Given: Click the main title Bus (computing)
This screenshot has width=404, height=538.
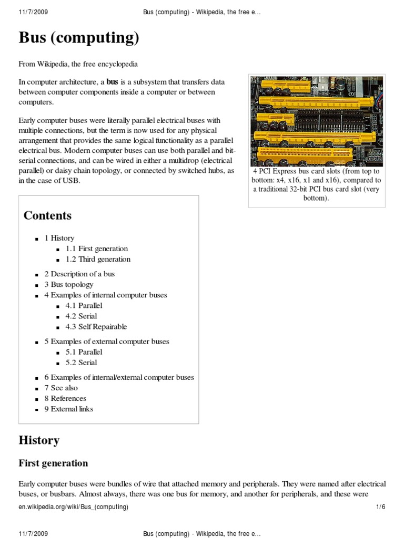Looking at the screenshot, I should (79, 38).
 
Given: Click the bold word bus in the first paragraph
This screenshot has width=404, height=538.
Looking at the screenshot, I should (113, 82).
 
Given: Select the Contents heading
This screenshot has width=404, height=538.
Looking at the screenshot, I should (47, 215).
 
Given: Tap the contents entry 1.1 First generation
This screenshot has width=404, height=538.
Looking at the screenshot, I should (97, 249).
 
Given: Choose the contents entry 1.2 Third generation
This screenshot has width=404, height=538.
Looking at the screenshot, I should (98, 259).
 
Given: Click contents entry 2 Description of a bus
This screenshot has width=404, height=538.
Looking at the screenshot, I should (79, 274).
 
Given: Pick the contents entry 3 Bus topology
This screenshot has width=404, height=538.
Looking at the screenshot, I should (69, 284).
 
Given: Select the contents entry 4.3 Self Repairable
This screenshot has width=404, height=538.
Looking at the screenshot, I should (96, 326).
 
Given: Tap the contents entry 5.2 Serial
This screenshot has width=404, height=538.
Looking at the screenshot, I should (81, 363).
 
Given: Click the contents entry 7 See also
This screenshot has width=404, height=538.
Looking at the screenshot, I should (61, 388).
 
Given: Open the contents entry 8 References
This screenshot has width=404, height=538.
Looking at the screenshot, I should (65, 398).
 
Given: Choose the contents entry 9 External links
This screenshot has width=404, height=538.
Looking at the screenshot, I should (69, 409).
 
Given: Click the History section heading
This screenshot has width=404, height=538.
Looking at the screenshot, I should (39, 440).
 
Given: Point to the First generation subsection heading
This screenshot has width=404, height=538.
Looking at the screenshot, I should (53, 463).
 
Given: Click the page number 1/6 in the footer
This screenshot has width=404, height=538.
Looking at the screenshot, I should (381, 507).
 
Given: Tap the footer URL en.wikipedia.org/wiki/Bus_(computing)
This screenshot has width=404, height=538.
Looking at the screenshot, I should (74, 507).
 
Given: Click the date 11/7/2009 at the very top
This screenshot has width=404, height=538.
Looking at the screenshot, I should (33, 12).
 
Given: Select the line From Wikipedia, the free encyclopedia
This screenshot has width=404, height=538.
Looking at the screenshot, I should (78, 64).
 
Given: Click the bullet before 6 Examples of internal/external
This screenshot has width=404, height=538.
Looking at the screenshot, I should (37, 378).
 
